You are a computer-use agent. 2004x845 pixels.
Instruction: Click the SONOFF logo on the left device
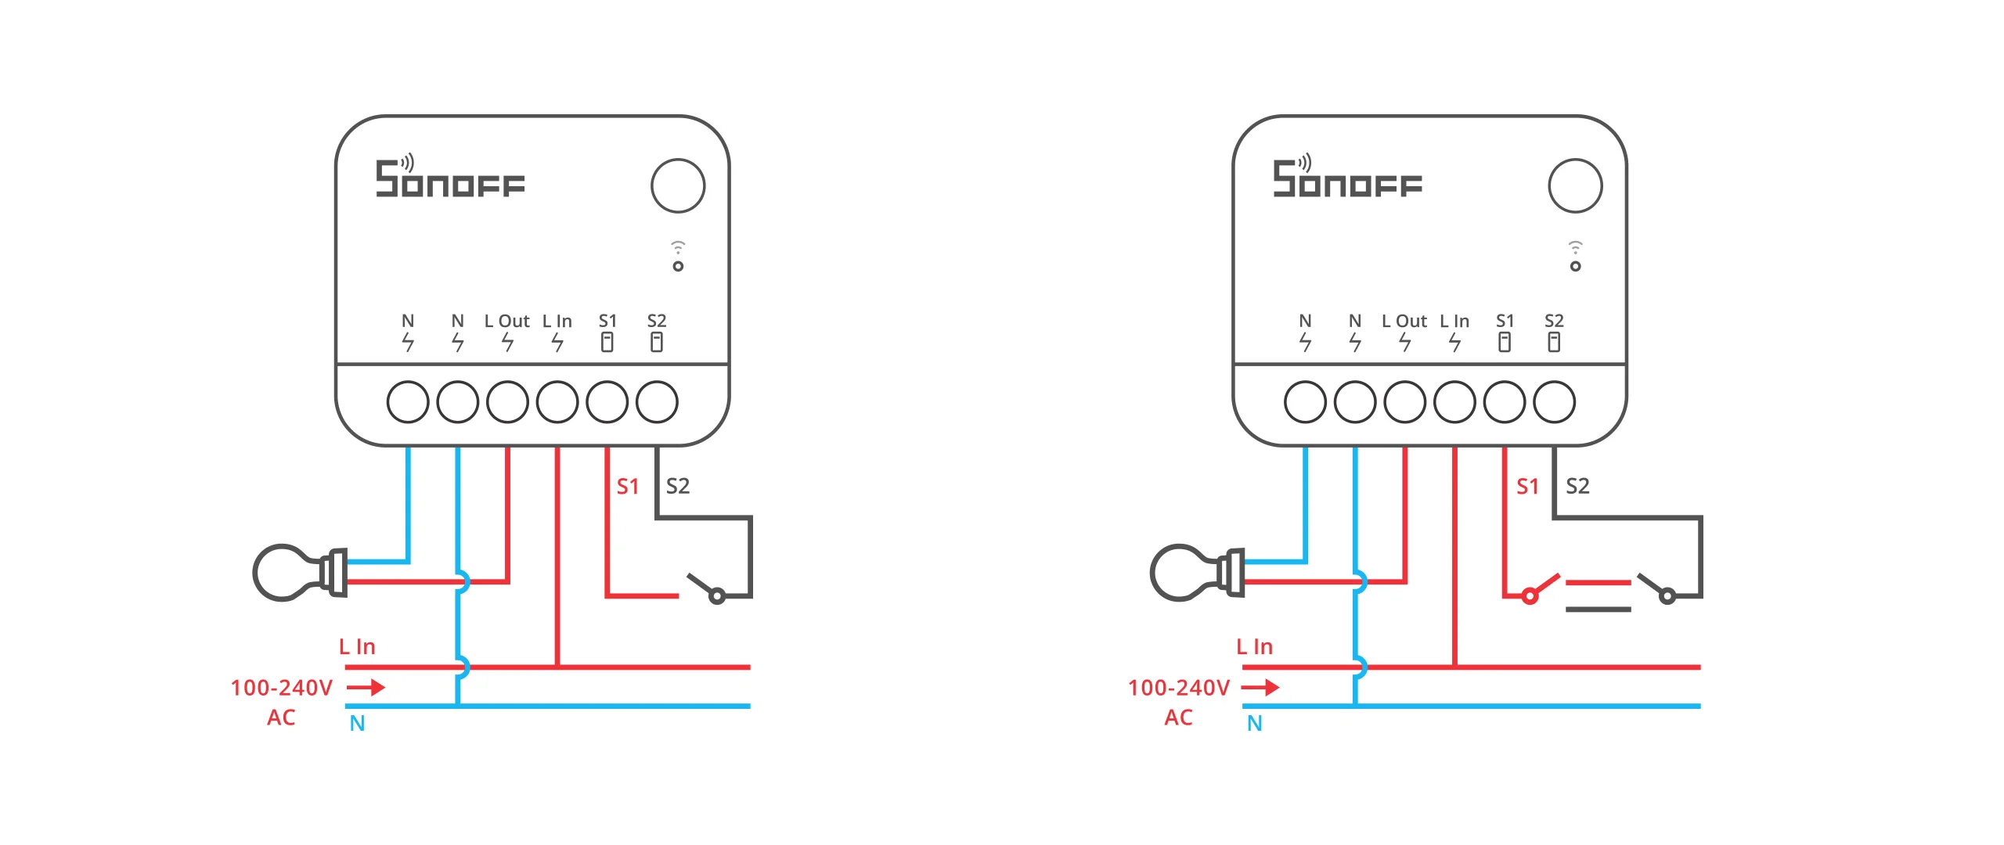point(450,179)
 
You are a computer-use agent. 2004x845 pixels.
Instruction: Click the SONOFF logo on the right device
point(1347,179)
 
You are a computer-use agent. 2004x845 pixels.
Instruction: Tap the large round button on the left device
point(678,185)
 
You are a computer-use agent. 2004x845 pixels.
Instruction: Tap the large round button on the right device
point(1575,185)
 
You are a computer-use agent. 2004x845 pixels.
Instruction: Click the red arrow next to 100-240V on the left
point(366,688)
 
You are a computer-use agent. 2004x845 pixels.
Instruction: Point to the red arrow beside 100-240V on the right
point(1260,688)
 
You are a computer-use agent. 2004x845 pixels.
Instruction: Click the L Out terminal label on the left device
point(506,322)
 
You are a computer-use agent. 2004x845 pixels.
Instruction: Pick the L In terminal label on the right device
point(1454,322)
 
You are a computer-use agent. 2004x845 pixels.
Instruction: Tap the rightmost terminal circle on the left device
point(657,402)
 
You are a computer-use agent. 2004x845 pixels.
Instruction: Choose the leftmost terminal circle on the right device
point(1305,402)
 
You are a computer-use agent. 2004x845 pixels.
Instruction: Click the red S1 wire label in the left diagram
point(628,487)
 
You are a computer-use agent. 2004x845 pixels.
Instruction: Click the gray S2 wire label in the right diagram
point(1577,486)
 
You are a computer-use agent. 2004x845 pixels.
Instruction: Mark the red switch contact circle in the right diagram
point(1530,597)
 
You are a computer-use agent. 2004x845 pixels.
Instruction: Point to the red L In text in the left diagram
point(357,647)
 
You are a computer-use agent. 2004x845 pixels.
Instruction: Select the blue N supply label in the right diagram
point(1254,724)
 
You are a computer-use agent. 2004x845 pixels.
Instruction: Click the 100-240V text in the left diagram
point(282,688)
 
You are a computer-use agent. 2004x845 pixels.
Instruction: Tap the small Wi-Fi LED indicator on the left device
point(678,266)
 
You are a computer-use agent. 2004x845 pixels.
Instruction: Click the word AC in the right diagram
point(1178,717)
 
